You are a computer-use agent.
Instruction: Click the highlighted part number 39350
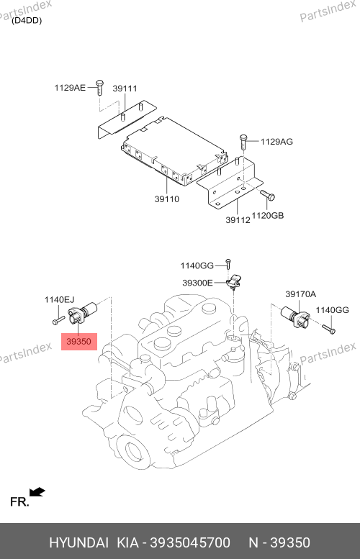[79, 342]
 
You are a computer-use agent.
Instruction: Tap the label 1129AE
[70, 87]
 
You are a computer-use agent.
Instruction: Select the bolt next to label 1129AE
[99, 87]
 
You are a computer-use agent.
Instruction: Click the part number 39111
[125, 88]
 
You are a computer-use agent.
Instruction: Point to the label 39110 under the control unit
[166, 199]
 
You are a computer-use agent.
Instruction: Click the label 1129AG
[276, 142]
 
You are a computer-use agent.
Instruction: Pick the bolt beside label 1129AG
[243, 142]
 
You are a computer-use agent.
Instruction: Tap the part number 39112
[238, 220]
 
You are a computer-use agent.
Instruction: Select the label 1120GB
[268, 215]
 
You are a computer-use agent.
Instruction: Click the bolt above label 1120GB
[268, 195]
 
